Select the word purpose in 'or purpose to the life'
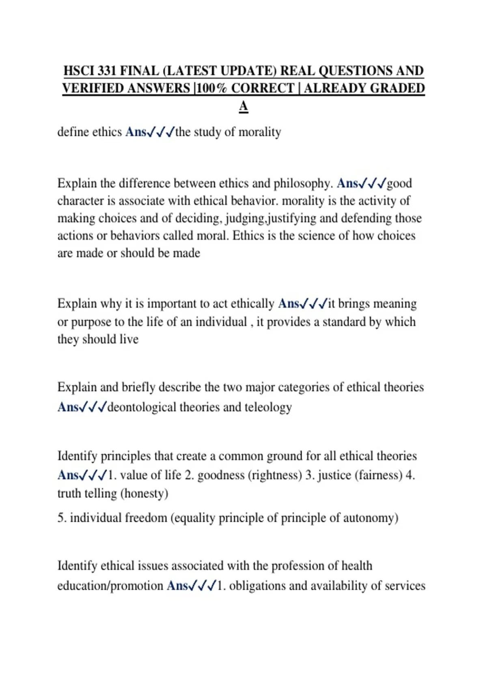pos(91,322)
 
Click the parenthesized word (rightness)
pos(275,475)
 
